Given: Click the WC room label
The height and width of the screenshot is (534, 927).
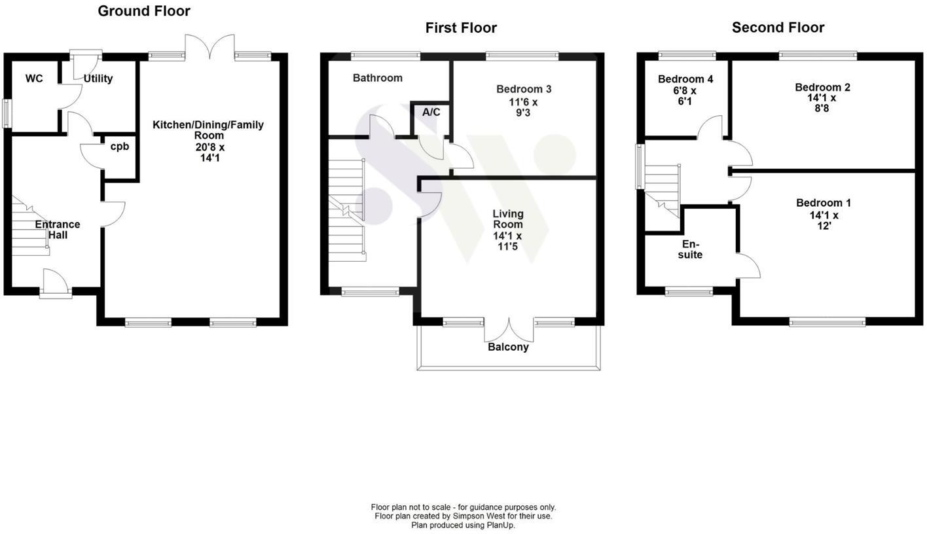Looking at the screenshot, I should click(34, 79).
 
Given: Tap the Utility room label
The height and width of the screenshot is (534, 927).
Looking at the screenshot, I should click(98, 79).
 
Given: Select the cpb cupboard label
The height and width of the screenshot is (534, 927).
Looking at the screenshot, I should click(119, 147).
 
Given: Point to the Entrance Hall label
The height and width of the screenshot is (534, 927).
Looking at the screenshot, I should click(58, 229).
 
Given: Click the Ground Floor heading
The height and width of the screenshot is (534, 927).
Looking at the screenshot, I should click(144, 11).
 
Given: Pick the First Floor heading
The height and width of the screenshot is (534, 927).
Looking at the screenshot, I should click(461, 27).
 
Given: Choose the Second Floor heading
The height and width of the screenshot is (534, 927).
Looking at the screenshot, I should click(778, 27).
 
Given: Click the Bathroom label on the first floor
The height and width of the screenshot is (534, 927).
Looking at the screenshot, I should click(378, 78).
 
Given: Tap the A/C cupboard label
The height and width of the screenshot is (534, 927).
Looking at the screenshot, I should click(431, 112).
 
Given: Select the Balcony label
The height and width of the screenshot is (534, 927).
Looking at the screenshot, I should click(508, 347).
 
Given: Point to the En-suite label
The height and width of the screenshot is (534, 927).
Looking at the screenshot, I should click(690, 249).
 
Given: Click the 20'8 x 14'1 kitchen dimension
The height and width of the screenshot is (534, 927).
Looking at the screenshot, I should click(208, 152).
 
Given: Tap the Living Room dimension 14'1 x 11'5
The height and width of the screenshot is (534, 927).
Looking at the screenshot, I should click(508, 241).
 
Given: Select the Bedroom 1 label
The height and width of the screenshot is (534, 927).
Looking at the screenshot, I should click(824, 203).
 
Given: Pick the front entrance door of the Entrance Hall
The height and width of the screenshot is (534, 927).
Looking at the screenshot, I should click(56, 284).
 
